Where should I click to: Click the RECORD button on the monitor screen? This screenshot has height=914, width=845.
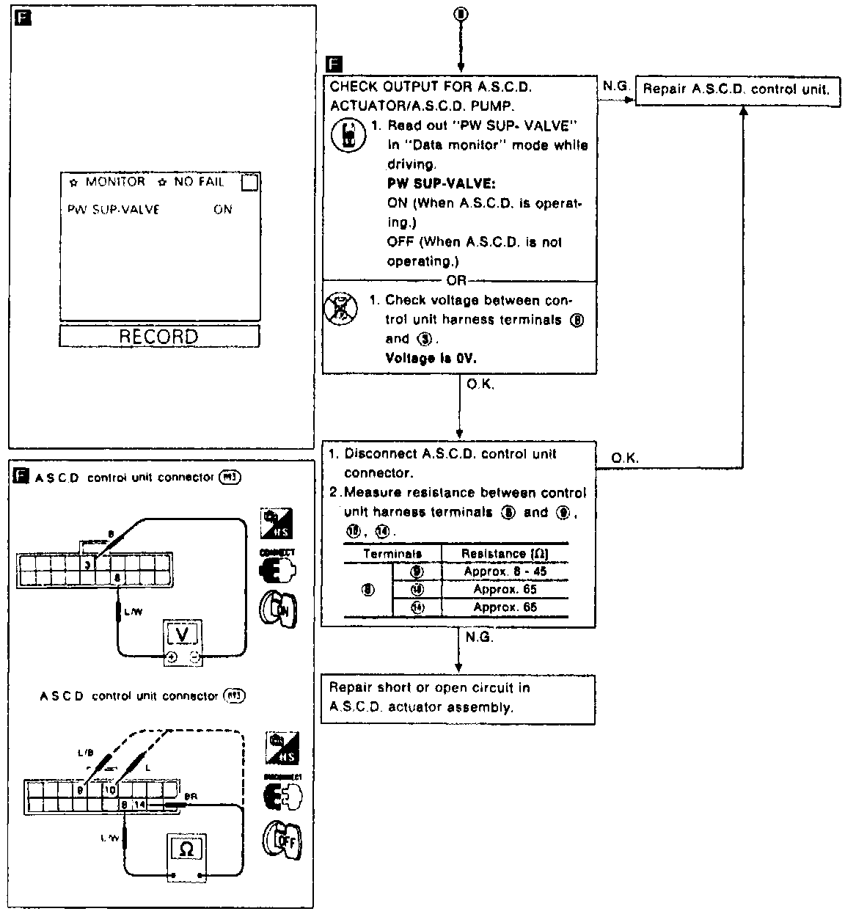tap(159, 337)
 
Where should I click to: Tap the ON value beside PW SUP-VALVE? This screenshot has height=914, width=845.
tap(223, 210)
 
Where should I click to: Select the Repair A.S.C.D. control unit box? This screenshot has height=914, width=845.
tap(736, 89)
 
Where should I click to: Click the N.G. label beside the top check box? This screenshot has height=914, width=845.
tap(616, 86)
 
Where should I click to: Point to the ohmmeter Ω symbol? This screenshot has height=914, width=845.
tap(186, 849)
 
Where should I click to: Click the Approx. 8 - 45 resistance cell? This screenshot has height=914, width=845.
tap(505, 571)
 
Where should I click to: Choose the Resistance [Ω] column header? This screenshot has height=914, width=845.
tap(505, 553)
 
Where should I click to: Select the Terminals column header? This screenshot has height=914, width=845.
tap(392, 554)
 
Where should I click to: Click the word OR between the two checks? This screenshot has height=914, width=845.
tap(456, 281)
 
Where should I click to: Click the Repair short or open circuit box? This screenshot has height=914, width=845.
tap(458, 698)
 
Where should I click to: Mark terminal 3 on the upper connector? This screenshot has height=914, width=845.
tap(87, 565)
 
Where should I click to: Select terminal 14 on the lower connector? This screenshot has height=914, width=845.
tap(140, 805)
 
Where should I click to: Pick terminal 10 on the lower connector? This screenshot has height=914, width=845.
tap(109, 790)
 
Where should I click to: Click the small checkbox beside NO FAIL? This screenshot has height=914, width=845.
tap(249, 183)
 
